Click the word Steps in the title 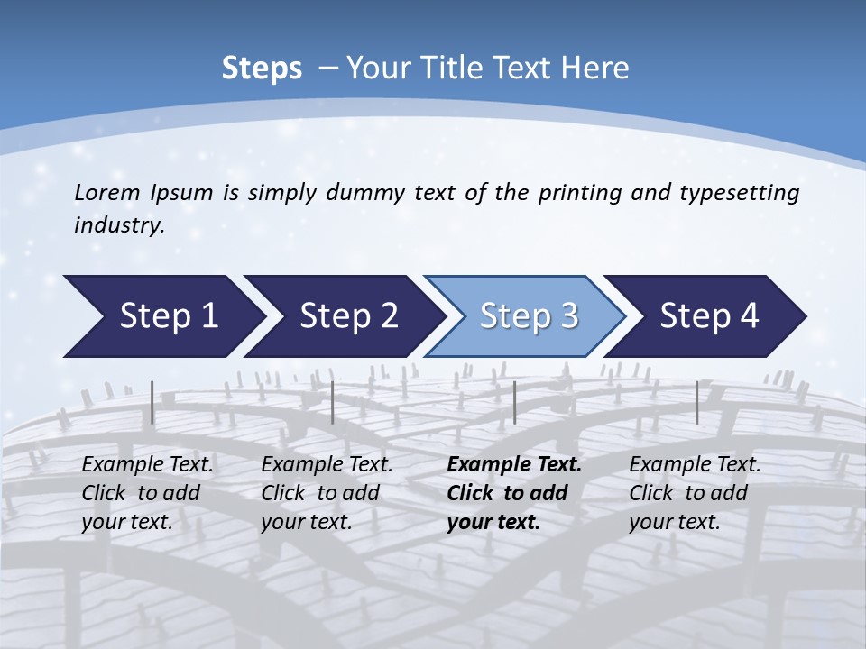(262, 69)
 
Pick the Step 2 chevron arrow (348, 316)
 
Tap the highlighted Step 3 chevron (529, 316)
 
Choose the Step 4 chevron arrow (709, 316)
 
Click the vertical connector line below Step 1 (152, 402)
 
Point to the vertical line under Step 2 (333, 402)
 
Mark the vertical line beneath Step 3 (514, 402)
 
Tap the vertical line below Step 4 (697, 402)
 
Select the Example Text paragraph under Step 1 (147, 493)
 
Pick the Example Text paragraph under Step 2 (327, 493)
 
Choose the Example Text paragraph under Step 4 (695, 493)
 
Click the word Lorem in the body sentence (107, 192)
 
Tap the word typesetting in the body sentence (738, 192)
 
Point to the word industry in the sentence (119, 225)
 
